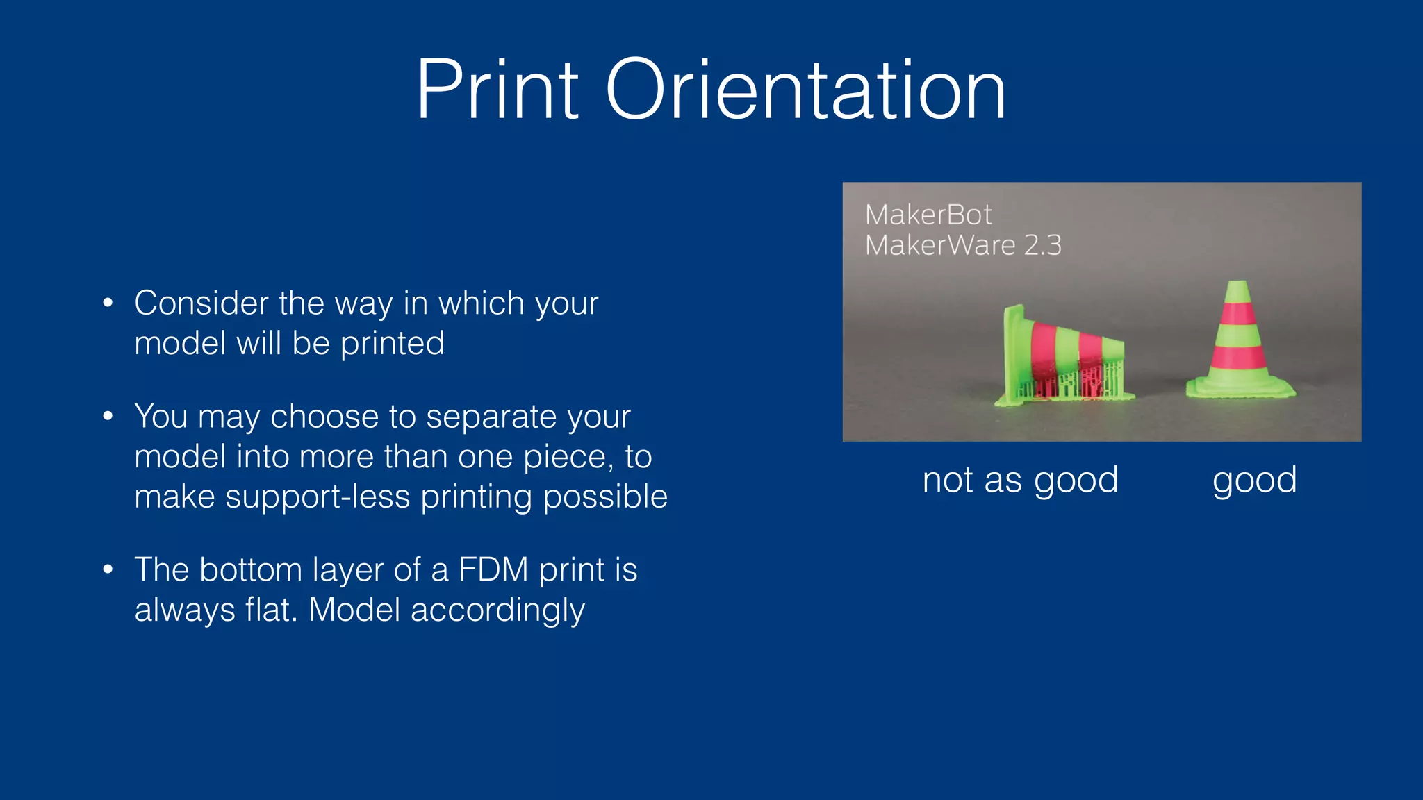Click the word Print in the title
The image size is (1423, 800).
(x=497, y=90)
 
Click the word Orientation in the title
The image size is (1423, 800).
(x=805, y=90)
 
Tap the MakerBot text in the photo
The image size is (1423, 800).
(x=928, y=215)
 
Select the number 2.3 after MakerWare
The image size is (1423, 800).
(x=1042, y=245)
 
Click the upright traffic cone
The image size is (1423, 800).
(x=1239, y=344)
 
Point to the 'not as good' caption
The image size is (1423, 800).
(x=1020, y=480)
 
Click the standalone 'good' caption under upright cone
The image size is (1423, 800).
(x=1254, y=480)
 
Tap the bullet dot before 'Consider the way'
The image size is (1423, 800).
(x=108, y=303)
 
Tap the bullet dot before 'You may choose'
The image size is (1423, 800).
(x=108, y=416)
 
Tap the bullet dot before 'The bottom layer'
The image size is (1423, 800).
(x=108, y=569)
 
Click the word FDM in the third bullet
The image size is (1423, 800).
(x=493, y=569)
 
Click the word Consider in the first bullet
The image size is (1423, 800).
(x=201, y=303)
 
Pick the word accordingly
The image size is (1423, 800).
(x=497, y=610)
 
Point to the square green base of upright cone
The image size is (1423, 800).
(x=1240, y=389)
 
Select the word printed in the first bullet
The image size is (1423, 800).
(x=392, y=344)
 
